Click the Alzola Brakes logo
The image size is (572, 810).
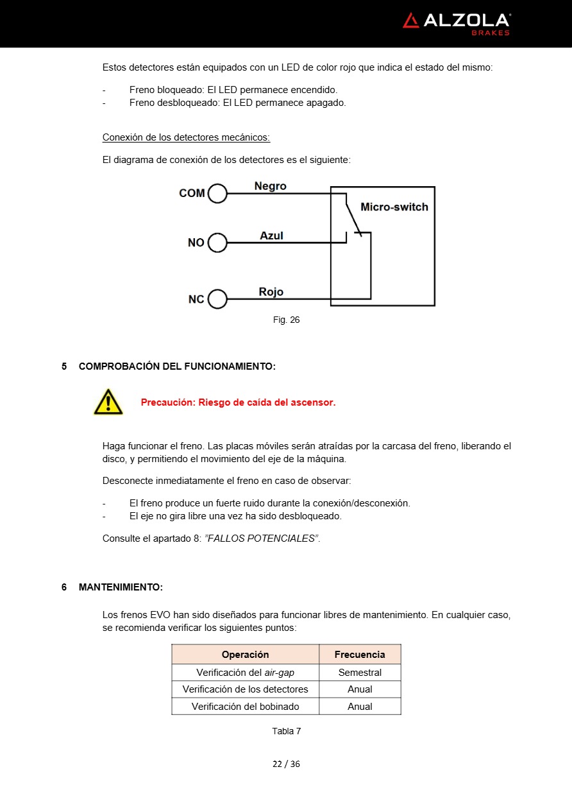click(456, 23)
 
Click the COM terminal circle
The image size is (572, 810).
click(217, 193)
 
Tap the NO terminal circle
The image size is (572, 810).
click(217, 243)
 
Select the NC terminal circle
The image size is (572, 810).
click(217, 299)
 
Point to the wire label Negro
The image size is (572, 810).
click(270, 186)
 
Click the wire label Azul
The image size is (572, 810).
click(271, 236)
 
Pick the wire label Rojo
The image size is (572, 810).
click(271, 292)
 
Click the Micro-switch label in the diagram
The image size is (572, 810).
click(394, 207)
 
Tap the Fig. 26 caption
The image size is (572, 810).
click(286, 320)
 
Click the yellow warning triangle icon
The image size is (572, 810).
click(108, 402)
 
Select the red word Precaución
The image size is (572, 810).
click(167, 402)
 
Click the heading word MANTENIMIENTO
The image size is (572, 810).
click(121, 587)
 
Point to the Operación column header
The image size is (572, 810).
click(245, 655)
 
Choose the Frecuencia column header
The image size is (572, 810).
click(360, 655)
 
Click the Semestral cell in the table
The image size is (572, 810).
click(360, 673)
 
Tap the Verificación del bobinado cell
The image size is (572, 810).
click(245, 706)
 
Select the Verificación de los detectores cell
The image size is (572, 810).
click(245, 689)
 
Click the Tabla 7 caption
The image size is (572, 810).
click(286, 731)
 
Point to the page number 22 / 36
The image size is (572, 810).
click(286, 764)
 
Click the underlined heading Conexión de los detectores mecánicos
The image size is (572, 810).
click(186, 137)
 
